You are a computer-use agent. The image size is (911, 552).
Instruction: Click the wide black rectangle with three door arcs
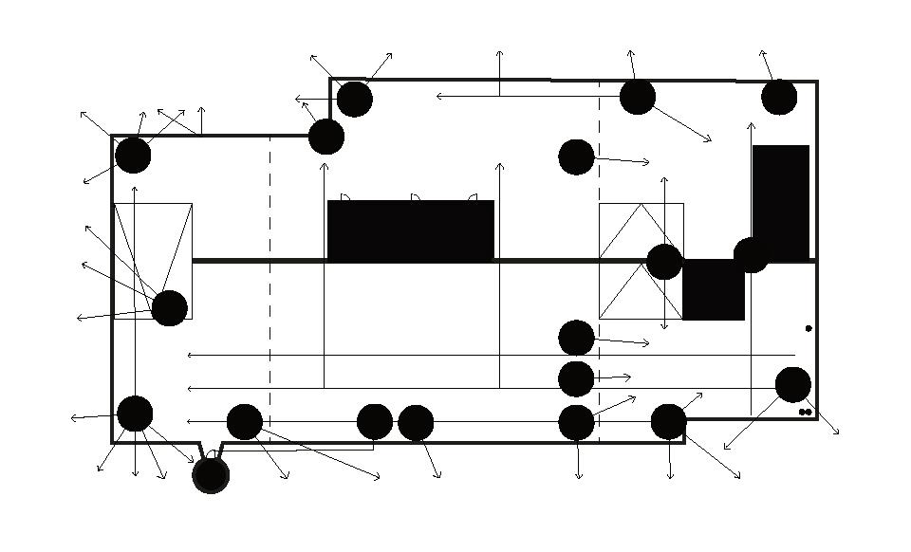tap(410, 230)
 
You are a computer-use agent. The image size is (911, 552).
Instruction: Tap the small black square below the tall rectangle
tap(714, 289)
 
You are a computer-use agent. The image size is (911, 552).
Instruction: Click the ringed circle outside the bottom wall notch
tap(211, 474)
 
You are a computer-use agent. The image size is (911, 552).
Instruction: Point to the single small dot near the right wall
tap(809, 328)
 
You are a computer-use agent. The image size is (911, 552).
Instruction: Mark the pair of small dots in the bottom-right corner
tap(805, 412)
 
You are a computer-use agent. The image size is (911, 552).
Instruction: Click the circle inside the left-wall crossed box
tap(169, 308)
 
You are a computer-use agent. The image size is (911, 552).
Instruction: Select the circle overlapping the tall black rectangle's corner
tap(751, 254)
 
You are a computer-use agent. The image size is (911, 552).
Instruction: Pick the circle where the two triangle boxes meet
tap(664, 262)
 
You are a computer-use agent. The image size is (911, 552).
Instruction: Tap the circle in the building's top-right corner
tap(779, 97)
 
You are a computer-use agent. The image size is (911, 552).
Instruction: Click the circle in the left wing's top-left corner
tap(133, 156)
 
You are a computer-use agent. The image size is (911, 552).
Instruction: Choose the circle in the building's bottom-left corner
tap(135, 414)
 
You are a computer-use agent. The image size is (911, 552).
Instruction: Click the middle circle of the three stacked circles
tap(576, 378)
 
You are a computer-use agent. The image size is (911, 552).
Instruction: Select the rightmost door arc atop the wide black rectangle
tap(473, 197)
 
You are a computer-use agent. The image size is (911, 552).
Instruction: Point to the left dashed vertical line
tap(270, 285)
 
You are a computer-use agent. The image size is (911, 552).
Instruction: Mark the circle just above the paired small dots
tap(793, 384)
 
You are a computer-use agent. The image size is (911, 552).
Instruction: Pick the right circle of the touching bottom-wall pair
tap(416, 422)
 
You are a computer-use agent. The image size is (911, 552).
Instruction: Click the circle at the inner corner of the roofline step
tap(326, 137)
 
